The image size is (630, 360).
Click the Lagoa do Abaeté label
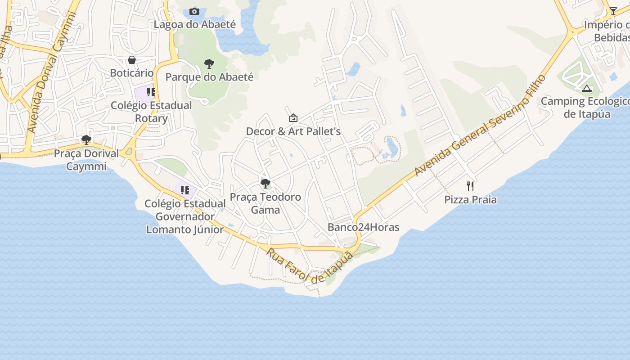pos(194,24)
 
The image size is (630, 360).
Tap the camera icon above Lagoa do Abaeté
pos(194,11)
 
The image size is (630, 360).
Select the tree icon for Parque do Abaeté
pos(209,64)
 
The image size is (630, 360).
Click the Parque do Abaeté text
pos(209,77)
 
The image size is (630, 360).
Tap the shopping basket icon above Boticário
pos(132,60)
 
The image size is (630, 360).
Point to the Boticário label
pos(132,73)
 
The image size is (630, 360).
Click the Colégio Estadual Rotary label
pos(151,112)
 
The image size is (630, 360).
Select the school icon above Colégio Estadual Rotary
pos(151,92)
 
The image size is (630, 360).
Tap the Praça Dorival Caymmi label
pos(86,160)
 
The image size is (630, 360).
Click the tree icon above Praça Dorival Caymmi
pos(86,140)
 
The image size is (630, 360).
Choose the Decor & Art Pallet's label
pos(293,131)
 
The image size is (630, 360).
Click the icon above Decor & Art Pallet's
pos(293,118)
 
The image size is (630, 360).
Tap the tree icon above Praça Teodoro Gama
pos(265,183)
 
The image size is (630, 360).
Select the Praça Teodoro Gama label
pos(265,203)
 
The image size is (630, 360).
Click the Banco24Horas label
pos(363,227)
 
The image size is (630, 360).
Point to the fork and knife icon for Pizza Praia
pos(470,186)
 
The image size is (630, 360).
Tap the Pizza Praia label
pos(470,200)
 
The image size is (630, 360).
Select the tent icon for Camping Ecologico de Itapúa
pos(586,88)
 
